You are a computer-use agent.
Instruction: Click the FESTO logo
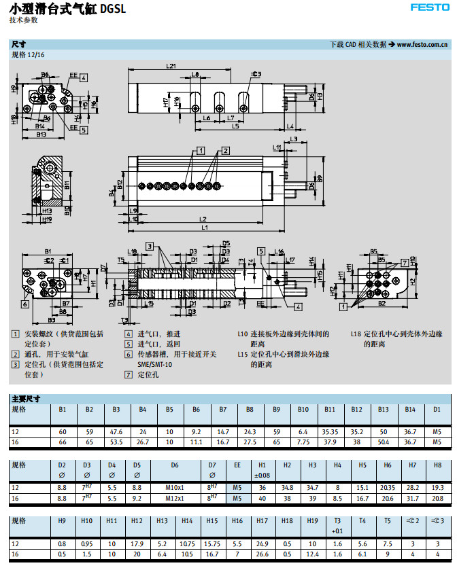coord(428,7)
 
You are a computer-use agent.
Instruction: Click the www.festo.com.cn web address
coord(422,45)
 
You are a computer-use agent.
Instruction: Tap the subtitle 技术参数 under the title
coord(24,20)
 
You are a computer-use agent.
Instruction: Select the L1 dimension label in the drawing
coord(205,227)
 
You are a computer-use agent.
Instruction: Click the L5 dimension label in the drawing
coord(235,126)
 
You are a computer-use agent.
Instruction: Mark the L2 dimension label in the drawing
coord(203,219)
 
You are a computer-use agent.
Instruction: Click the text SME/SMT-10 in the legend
coord(156,364)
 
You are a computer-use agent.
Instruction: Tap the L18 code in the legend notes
coord(356,334)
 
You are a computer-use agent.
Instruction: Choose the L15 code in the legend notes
coord(243,355)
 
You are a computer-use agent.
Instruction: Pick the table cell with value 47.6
coord(116,432)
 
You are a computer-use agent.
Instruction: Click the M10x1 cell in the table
coord(175,488)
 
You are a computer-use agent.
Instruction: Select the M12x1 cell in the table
coord(175,497)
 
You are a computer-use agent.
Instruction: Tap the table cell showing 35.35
coord(330,432)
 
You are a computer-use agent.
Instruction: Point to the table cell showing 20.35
coord(388,488)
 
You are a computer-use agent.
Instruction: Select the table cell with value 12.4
coord(312,553)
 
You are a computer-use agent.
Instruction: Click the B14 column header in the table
coord(410,410)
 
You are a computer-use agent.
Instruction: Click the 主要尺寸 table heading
coord(25,398)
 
